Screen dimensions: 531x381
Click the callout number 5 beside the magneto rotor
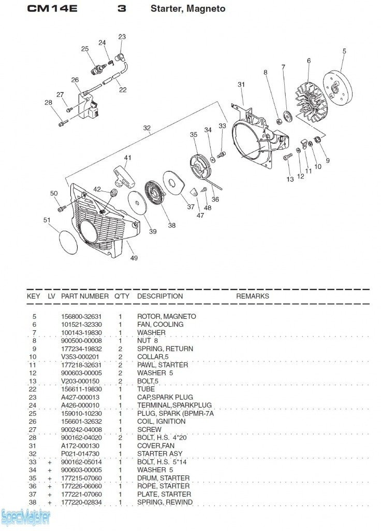tap(344, 51)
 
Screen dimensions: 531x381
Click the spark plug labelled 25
tap(97, 68)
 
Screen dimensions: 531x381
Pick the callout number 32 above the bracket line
tap(147, 128)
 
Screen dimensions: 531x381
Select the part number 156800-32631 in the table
tap(81, 316)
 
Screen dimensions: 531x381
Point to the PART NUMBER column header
tap(85, 296)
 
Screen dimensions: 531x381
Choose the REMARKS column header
tap(253, 296)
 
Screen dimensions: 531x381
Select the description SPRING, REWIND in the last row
tap(165, 502)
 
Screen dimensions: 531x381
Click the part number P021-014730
tap(81, 454)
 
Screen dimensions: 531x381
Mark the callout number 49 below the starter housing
tap(134, 258)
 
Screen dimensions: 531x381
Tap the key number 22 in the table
tap(34, 389)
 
